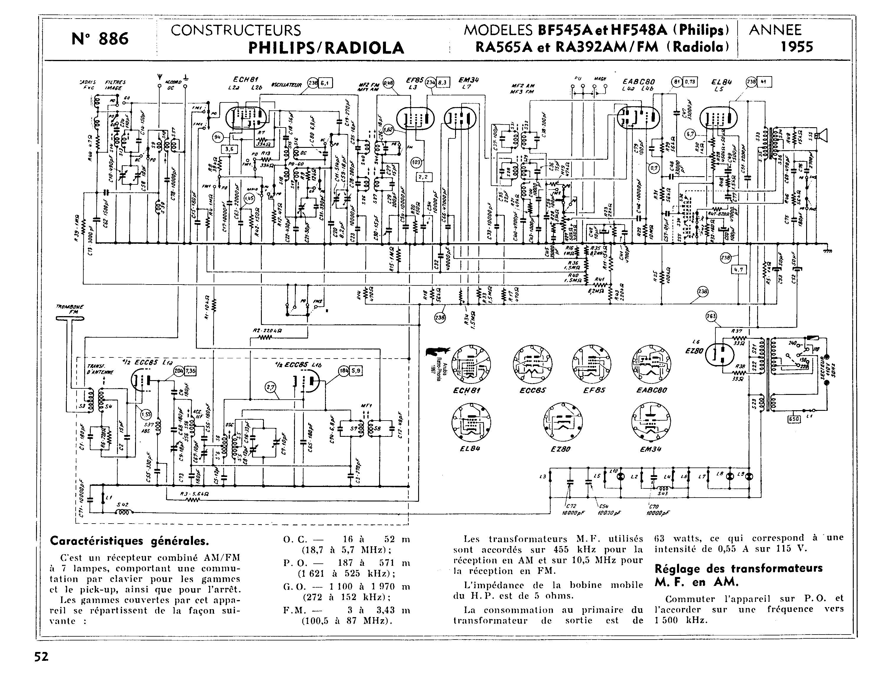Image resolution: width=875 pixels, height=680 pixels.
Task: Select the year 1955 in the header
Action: coord(796,47)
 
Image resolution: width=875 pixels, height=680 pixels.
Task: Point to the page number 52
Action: coord(41,657)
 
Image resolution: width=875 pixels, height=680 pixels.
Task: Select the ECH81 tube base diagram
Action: coord(471,364)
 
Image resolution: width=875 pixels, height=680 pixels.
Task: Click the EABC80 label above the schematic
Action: coord(639,82)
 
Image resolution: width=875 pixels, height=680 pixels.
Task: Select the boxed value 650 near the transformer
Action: coord(794,419)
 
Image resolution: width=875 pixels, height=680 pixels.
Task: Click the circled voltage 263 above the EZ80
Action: coord(711,317)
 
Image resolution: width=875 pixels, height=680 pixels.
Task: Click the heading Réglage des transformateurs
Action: coord(738,568)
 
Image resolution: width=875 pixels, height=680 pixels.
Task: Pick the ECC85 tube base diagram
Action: coord(532,364)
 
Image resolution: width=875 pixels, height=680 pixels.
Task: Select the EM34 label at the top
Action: coord(468,80)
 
